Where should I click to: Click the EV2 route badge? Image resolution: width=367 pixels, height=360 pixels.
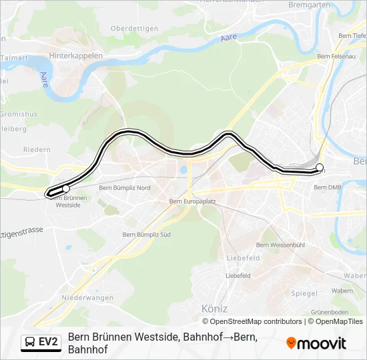click(40, 343)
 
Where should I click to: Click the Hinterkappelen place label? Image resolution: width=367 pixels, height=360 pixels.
click(75, 56)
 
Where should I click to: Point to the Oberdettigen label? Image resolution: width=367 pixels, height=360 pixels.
click(134, 28)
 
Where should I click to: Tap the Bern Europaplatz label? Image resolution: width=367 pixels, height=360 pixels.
click(191, 201)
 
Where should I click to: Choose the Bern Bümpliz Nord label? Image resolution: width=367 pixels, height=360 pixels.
click(124, 188)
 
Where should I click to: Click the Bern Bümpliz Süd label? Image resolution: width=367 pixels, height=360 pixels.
click(147, 235)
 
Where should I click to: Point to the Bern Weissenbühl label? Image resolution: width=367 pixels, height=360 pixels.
click(280, 245)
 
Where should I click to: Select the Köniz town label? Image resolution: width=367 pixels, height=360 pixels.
click(214, 309)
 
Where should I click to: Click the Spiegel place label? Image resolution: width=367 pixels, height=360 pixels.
click(304, 293)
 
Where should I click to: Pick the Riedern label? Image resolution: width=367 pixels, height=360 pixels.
click(37, 150)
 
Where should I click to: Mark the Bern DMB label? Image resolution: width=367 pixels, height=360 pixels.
click(327, 187)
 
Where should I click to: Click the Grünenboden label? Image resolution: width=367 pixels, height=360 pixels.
click(330, 312)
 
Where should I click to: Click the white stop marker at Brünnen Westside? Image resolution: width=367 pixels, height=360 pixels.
click(65, 189)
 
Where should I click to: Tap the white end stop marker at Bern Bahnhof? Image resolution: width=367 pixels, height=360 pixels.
click(319, 167)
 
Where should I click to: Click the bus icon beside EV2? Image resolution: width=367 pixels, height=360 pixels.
click(30, 343)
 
